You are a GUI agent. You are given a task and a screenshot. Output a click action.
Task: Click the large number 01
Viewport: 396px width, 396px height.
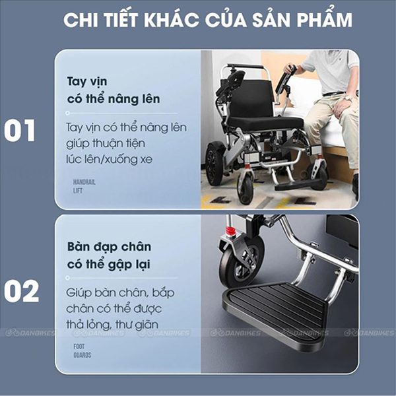click(x=19, y=130)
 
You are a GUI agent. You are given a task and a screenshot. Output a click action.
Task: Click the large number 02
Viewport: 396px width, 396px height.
click(x=21, y=291)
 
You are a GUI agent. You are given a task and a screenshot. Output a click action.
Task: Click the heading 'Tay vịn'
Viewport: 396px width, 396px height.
click(x=87, y=82)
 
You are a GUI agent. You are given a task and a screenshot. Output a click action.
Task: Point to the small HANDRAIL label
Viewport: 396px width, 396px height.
click(x=84, y=182)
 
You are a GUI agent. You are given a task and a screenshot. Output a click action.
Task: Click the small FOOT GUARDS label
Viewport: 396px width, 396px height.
click(x=82, y=351)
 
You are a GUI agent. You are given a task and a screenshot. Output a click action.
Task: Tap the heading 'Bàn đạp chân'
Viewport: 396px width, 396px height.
click(x=109, y=246)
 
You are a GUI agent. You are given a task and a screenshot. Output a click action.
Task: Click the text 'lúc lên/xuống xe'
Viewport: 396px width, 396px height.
click(x=110, y=159)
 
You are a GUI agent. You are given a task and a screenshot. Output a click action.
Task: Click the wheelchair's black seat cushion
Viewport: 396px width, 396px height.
click(x=265, y=123)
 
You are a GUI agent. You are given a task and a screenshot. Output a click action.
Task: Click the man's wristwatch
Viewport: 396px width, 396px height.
click(x=348, y=98)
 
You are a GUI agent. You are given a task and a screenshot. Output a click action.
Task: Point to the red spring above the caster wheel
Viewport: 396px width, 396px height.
click(x=230, y=231)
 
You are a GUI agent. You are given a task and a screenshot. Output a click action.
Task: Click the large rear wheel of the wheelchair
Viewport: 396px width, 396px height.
click(x=214, y=164)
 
